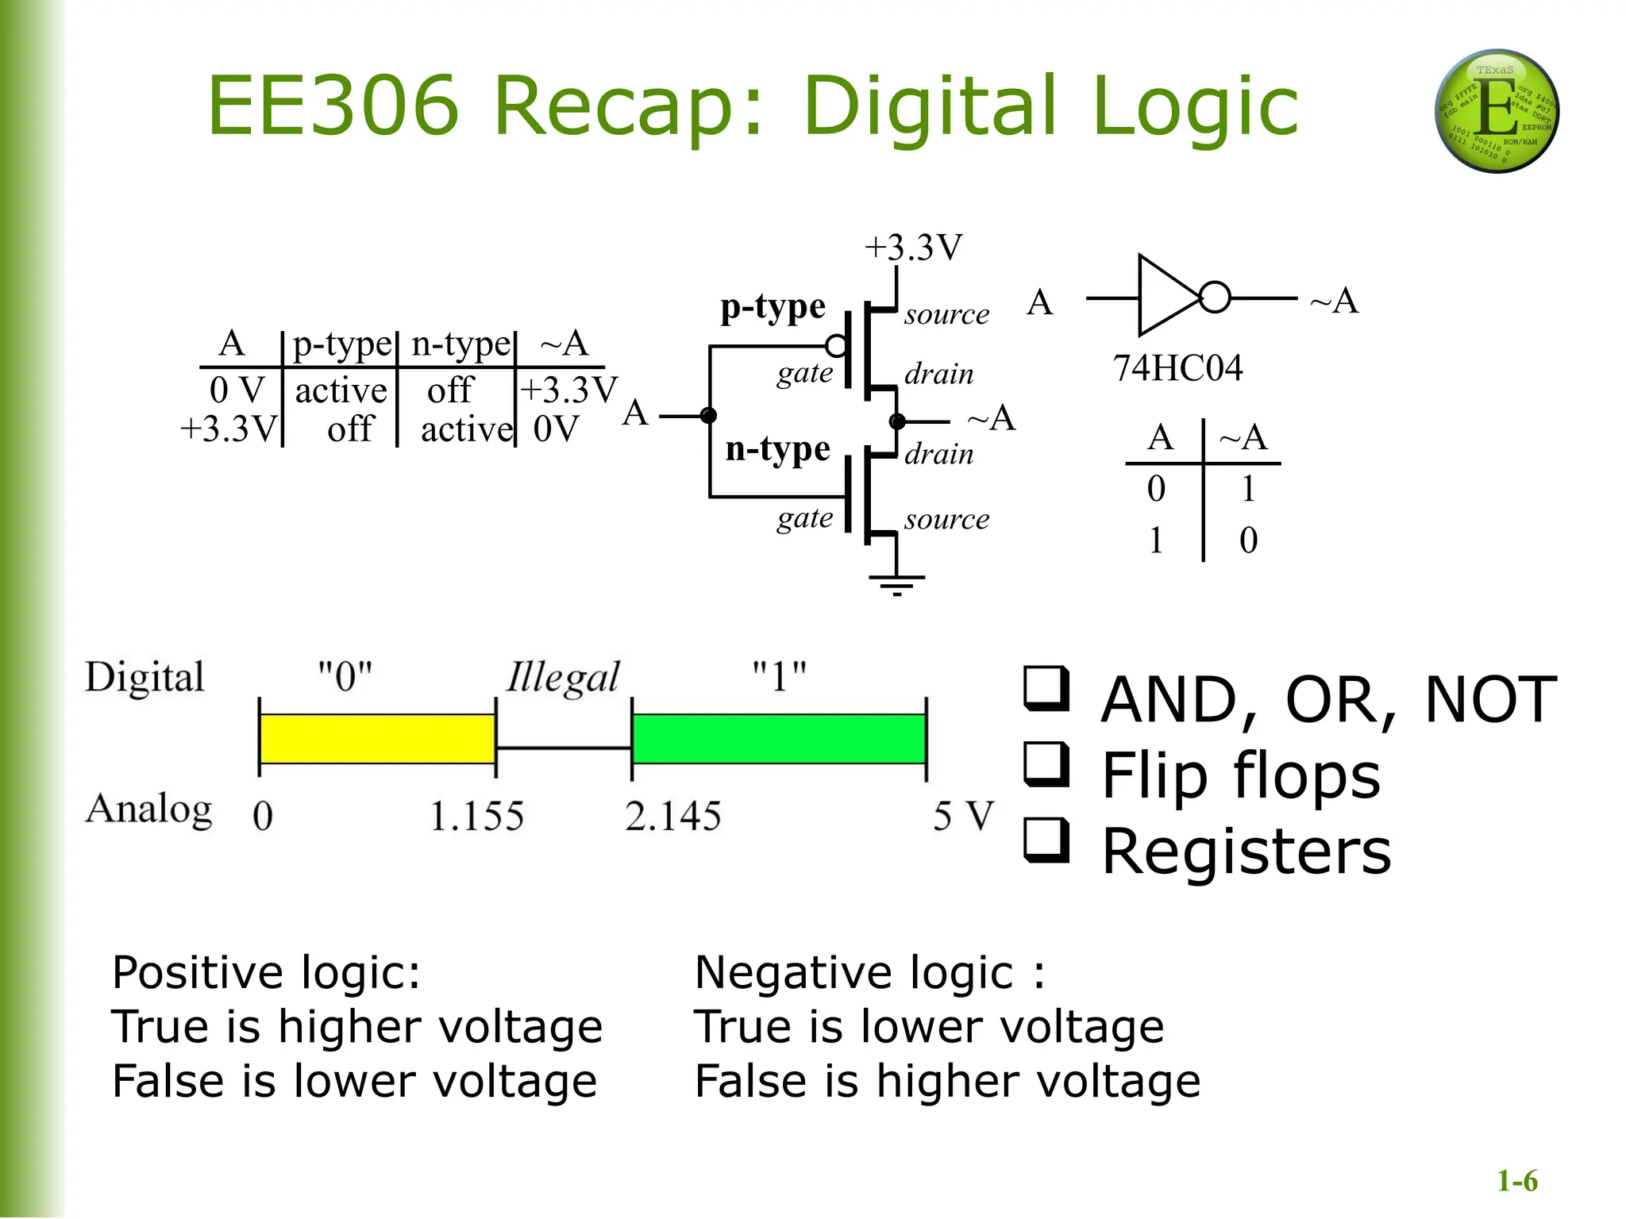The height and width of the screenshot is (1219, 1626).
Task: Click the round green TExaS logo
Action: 1497,111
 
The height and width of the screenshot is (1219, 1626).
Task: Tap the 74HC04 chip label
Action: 1177,368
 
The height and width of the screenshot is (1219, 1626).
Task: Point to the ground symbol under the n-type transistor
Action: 896,583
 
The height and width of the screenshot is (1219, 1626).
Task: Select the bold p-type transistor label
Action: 773,307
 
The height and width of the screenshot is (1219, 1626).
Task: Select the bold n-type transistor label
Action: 777,449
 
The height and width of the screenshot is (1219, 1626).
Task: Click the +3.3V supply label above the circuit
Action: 913,248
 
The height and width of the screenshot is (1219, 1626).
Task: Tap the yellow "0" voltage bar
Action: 378,739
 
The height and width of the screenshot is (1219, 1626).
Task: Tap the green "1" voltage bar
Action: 779,739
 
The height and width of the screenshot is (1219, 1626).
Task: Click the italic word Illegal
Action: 563,679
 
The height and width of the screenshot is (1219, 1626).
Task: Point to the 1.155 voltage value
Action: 476,816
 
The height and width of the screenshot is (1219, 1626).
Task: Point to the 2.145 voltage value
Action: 672,816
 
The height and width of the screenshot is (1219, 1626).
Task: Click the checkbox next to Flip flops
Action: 1046,763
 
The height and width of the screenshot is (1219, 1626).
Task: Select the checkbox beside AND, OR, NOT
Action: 1046,687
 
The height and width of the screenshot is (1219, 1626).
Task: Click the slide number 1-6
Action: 1516,1181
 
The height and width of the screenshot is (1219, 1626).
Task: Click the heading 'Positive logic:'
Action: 266,972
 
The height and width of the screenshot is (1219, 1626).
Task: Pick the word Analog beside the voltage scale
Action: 148,810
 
